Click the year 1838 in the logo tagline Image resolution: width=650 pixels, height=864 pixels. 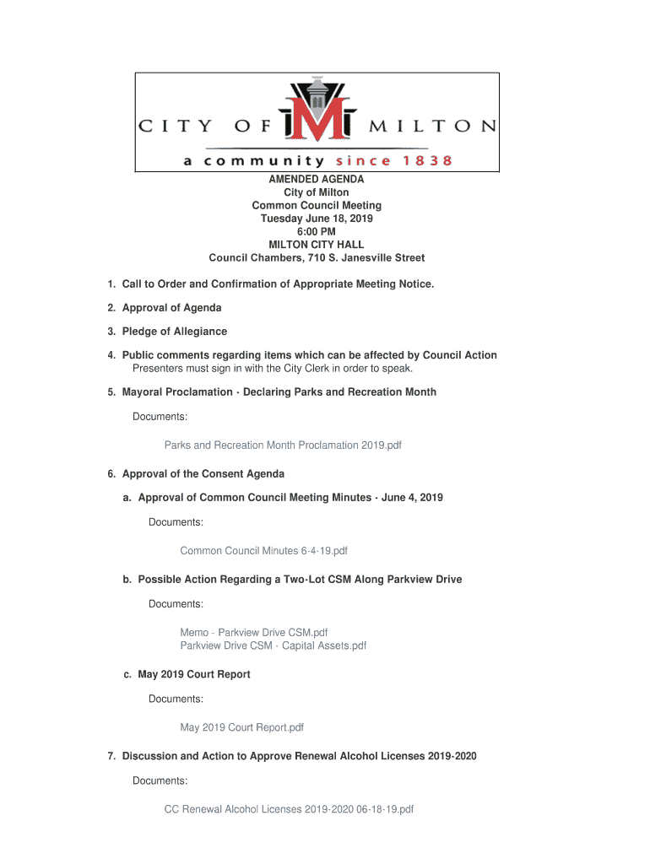[426, 160]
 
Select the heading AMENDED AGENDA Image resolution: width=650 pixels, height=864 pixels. [317, 180]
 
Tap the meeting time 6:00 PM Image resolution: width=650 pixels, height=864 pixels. [317, 232]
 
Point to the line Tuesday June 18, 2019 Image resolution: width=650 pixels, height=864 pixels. [317, 219]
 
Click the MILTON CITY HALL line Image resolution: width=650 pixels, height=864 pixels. [317, 245]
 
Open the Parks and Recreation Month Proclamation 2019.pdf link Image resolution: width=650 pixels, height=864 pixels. [283, 445]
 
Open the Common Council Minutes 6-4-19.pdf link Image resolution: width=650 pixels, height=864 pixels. [263, 551]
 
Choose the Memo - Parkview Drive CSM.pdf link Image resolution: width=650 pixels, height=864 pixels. [253, 632]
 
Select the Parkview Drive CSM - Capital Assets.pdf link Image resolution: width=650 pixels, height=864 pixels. [273, 645]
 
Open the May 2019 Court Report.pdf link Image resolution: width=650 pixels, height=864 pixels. [241, 727]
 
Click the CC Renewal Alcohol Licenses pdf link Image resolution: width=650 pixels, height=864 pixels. [289, 809]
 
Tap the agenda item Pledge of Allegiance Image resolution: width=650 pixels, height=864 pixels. [175, 332]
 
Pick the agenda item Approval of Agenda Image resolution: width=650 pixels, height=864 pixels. [172, 308]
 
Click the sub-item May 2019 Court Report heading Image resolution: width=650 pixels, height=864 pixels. [194, 674]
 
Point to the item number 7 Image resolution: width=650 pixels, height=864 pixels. [111, 756]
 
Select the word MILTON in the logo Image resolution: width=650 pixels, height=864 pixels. [433, 127]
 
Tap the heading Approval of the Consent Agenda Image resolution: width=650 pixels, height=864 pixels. [203, 473]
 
